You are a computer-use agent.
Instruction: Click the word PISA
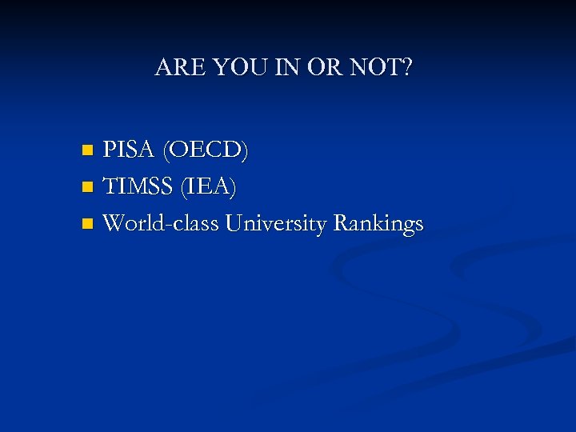pyautogui.click(x=130, y=150)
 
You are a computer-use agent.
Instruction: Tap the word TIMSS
pyautogui.click(x=139, y=186)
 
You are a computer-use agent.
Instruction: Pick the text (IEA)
pyautogui.click(x=209, y=186)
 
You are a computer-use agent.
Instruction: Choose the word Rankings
pyautogui.click(x=378, y=224)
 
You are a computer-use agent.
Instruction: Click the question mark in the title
pyautogui.click(x=407, y=68)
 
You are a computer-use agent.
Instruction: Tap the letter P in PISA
pyautogui.click(x=110, y=150)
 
